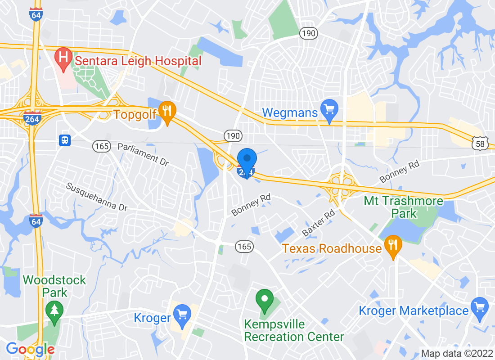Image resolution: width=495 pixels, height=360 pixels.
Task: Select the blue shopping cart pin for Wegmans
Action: pyautogui.click(x=329, y=110)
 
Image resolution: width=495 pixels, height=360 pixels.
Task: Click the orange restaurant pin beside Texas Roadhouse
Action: pyautogui.click(x=393, y=246)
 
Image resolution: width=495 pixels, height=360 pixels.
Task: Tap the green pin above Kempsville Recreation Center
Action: pyautogui.click(x=265, y=300)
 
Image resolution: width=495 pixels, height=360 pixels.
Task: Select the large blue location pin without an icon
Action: pyautogui.click(x=247, y=161)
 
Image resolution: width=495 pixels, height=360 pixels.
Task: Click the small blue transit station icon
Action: pyautogui.click(x=65, y=140)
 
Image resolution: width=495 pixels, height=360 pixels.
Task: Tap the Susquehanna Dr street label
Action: pyautogui.click(x=97, y=197)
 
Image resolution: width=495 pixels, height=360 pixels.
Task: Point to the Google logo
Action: pyautogui.click(x=31, y=349)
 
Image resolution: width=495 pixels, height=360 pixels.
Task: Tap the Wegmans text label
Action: pyautogui.click(x=290, y=112)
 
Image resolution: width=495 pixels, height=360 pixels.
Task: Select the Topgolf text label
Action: pyautogui.click(x=135, y=114)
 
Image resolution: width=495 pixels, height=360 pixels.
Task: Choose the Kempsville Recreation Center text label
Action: pyautogui.click(x=294, y=330)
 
